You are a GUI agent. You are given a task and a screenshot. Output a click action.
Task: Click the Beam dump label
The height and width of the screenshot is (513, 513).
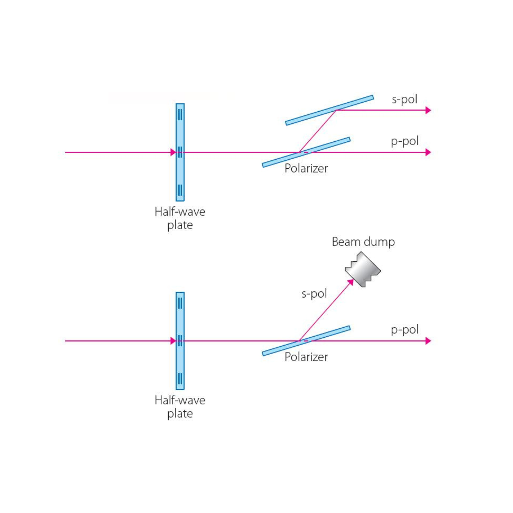pos(363,242)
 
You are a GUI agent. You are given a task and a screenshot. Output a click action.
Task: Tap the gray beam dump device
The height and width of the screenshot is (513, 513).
pos(363,269)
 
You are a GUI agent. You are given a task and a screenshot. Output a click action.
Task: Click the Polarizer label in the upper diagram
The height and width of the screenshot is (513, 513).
pos(306,168)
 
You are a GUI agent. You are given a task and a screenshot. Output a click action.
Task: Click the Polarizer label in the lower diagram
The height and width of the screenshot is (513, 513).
pos(306,357)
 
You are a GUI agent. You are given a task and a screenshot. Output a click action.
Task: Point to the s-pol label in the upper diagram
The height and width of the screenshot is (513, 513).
pos(404,99)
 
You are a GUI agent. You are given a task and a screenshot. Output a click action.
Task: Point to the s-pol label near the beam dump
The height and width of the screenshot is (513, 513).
pos(314,293)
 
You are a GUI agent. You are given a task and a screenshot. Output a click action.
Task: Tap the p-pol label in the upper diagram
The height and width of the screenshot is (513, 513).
pos(404,141)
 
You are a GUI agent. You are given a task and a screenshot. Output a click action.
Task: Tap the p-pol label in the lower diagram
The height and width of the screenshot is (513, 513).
pos(404,330)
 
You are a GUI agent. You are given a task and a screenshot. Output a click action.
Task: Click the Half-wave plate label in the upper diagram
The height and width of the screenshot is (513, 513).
pos(180,218)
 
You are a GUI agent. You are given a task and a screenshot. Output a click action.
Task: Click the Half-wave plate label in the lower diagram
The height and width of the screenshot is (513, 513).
pos(180,407)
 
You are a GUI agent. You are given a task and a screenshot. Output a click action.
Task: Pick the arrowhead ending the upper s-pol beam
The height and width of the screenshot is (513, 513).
pos(428,110)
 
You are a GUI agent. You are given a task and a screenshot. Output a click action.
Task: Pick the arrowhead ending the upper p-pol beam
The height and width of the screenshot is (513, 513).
pos(428,152)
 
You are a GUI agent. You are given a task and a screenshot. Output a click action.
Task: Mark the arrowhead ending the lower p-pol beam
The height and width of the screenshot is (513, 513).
pos(428,341)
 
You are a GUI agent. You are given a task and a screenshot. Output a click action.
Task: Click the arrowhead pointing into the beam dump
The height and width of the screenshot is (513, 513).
pos(350,282)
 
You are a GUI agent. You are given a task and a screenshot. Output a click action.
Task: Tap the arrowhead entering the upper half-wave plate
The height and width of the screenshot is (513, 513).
pos(173,152)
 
